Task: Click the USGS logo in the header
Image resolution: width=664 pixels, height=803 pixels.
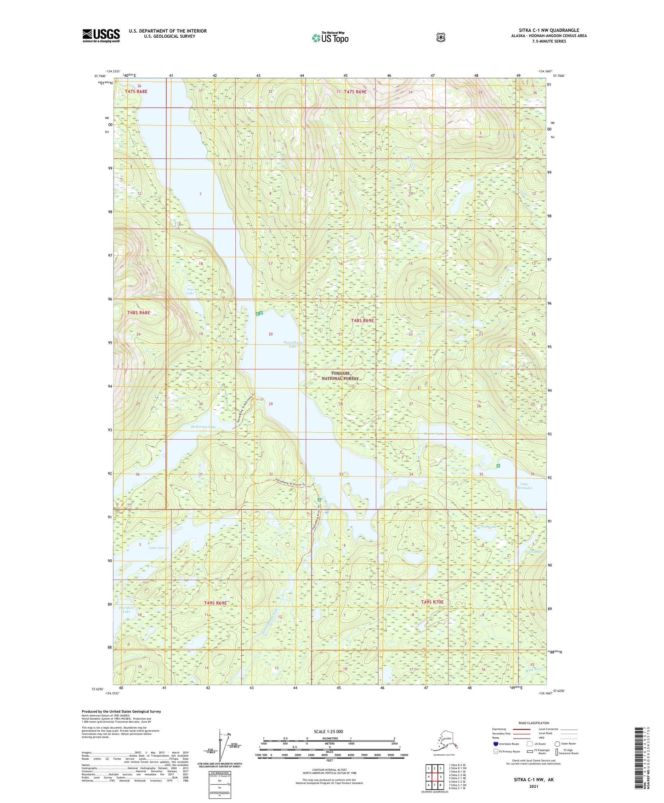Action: pyautogui.click(x=101, y=35)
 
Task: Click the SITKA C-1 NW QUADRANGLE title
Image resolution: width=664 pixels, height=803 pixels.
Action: pyautogui.click(x=549, y=30)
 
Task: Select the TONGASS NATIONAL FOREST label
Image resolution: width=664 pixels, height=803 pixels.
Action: pyautogui.click(x=340, y=376)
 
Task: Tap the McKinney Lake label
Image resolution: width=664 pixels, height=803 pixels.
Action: pyautogui.click(x=203, y=427)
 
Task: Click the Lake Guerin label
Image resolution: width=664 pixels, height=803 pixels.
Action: pyautogui.click(x=159, y=548)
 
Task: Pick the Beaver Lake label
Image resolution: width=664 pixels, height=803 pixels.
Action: pyautogui.click(x=433, y=434)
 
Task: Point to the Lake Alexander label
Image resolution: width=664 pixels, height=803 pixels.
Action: pyautogui.click(x=526, y=486)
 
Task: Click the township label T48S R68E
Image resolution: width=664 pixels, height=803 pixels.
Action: pyautogui.click(x=139, y=313)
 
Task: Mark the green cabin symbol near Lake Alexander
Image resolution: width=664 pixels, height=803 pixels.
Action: pyautogui.click(x=499, y=466)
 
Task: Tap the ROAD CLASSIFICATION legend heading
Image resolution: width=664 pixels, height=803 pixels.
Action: pyautogui.click(x=533, y=723)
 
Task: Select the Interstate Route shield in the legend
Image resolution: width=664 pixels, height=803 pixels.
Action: pyautogui.click(x=496, y=744)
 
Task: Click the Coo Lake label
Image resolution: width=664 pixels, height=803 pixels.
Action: pyautogui.click(x=190, y=291)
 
